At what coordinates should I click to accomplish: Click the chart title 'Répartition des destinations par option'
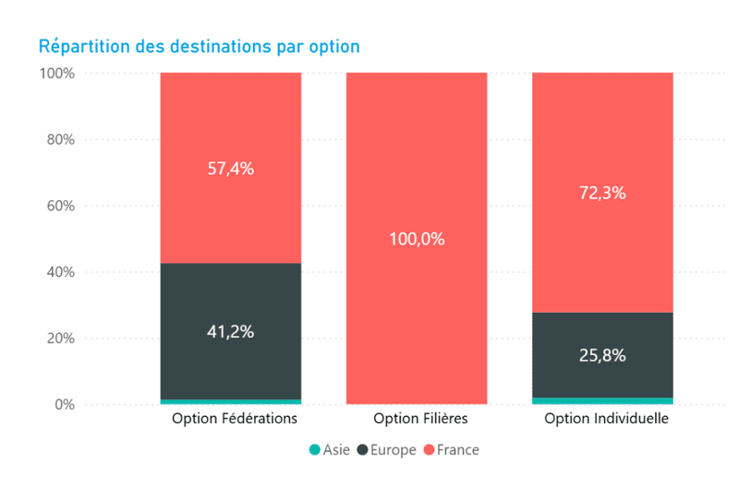[x=199, y=46]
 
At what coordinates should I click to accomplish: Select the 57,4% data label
[x=231, y=169]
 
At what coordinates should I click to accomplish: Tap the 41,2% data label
[x=231, y=331]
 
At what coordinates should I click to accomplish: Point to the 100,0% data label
[x=417, y=239]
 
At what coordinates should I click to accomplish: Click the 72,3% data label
[x=602, y=193]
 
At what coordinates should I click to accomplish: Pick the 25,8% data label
[x=602, y=354]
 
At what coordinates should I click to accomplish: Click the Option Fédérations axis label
[x=235, y=419]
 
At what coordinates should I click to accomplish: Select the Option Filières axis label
[x=420, y=419]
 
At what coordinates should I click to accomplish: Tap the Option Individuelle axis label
[x=606, y=419]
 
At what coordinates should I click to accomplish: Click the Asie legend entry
[x=329, y=450]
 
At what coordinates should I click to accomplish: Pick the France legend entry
[x=452, y=450]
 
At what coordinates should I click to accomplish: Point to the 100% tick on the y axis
[x=55, y=73]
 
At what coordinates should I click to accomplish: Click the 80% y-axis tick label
[x=59, y=139]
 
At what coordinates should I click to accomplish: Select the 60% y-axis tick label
[x=59, y=206]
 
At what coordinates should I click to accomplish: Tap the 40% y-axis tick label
[x=59, y=272]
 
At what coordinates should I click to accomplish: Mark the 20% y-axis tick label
[x=59, y=339]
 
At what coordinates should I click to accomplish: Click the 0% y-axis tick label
[x=63, y=405]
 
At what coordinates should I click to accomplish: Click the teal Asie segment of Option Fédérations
[x=231, y=401]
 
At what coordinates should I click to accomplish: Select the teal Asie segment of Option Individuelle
[x=602, y=400]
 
